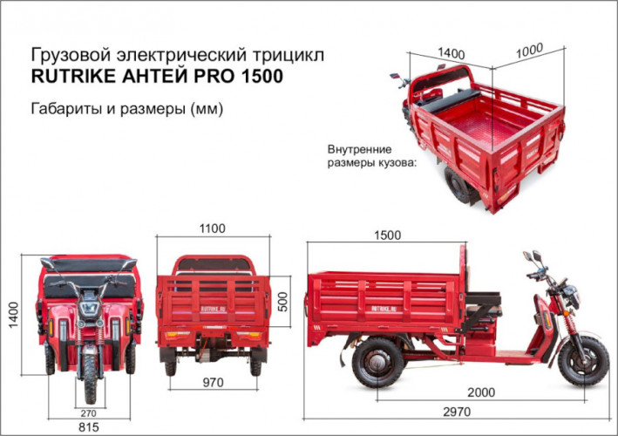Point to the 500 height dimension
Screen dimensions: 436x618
[x=282, y=301]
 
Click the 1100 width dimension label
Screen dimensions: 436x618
[x=212, y=229]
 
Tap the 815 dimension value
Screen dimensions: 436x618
[x=89, y=427]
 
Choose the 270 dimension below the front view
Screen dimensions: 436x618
[x=89, y=412]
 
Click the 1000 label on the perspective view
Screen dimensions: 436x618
[x=530, y=51]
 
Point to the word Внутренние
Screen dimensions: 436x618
[x=359, y=148]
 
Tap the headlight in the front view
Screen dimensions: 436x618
[x=89, y=309]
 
